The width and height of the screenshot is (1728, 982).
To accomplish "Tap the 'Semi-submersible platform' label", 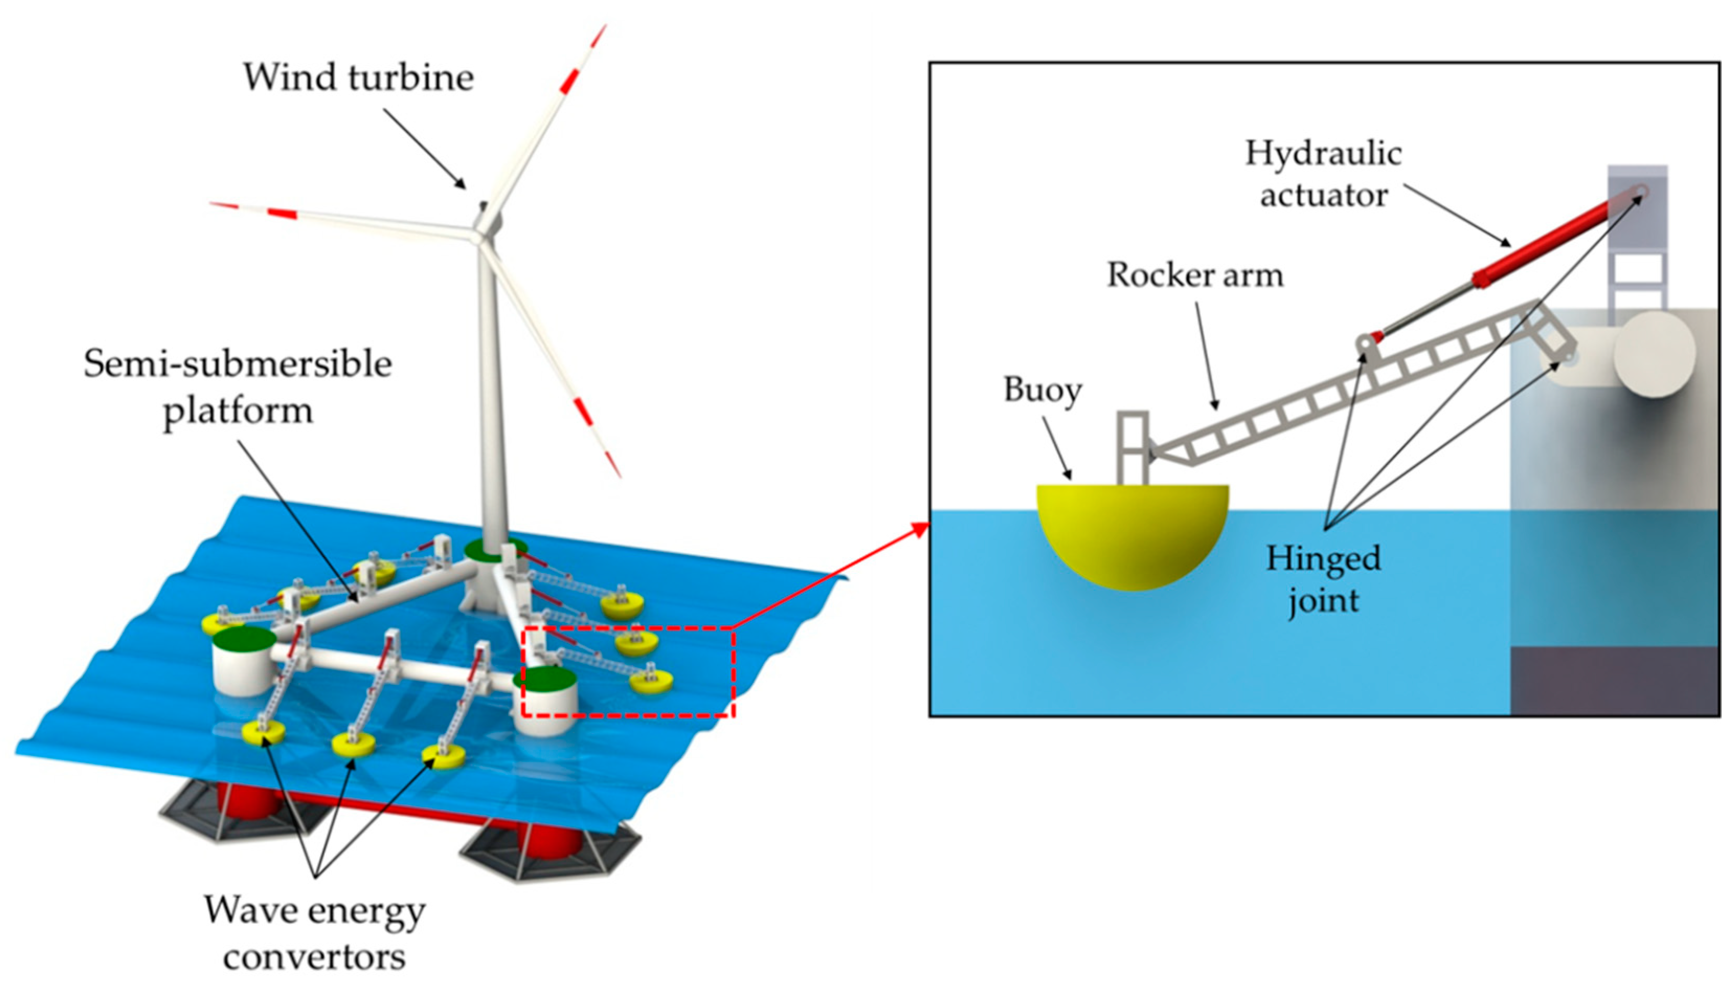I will pyautogui.click(x=238, y=387).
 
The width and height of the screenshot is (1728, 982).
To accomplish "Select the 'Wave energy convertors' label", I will pyautogui.click(x=314, y=933).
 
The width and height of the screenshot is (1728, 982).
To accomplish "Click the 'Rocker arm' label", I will pyautogui.click(x=1195, y=275).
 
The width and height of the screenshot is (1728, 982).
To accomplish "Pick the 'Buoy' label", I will pyautogui.click(x=1042, y=390).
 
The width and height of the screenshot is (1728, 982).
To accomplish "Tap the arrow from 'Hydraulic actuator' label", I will pyautogui.click(x=1456, y=215).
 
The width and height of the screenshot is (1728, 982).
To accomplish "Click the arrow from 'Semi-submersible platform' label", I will pyautogui.click(x=297, y=520).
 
